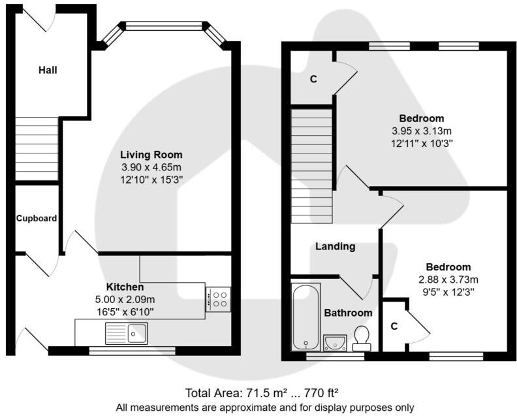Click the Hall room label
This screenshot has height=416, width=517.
pos(48,70)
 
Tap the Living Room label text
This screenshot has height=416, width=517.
pos(151,154)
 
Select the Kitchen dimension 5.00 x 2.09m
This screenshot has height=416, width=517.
pos(125,300)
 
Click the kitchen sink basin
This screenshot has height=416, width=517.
pos(137,333)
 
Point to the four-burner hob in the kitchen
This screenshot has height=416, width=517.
pos(218,299)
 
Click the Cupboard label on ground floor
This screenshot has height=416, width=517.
pos(37,218)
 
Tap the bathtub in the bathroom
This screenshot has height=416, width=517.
pos(306,317)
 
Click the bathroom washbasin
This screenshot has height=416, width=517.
pos(336,343)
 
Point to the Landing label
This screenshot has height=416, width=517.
pos(336,246)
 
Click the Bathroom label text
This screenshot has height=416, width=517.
pos(348,313)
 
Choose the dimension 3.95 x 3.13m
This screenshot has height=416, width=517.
pos(422,131)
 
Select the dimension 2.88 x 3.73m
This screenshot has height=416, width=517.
pos(448,280)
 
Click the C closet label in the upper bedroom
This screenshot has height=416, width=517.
pos(313,79)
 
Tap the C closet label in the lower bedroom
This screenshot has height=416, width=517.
pos(394,327)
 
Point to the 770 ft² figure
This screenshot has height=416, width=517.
pos(321,393)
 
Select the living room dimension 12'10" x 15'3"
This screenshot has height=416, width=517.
pos(151,180)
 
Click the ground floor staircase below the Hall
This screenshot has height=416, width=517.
pos(37,148)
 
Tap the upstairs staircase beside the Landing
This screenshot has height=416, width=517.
pos(311,166)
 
